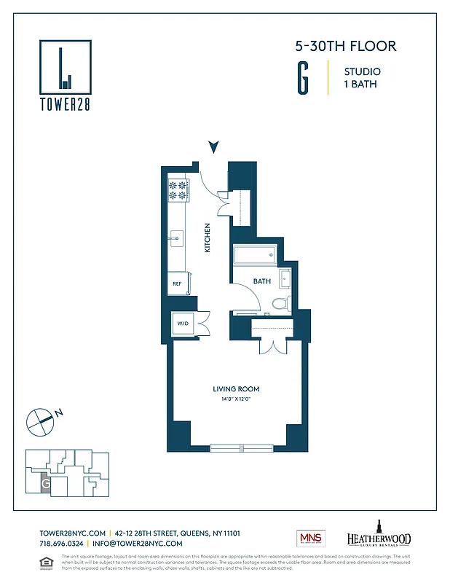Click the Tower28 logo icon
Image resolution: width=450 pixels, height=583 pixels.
pos(66,66)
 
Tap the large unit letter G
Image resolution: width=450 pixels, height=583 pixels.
pos(301,78)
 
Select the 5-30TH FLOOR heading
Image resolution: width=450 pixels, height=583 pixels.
pos(345,46)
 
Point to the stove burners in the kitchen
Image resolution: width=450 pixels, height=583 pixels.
pos(178,190)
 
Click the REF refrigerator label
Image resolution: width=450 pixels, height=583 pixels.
pos(177,283)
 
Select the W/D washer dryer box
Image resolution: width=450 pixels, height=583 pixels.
pos(182,324)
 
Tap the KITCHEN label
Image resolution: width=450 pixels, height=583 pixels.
pos(208,238)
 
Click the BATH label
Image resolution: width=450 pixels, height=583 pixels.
pos(262,281)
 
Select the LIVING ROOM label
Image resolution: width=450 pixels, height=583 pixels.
pos(236,389)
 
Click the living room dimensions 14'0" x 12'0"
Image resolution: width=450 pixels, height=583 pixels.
pos(236,399)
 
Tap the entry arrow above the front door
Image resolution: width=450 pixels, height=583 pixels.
pos(213,147)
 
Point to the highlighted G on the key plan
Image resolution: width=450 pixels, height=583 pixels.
pos(45,482)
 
